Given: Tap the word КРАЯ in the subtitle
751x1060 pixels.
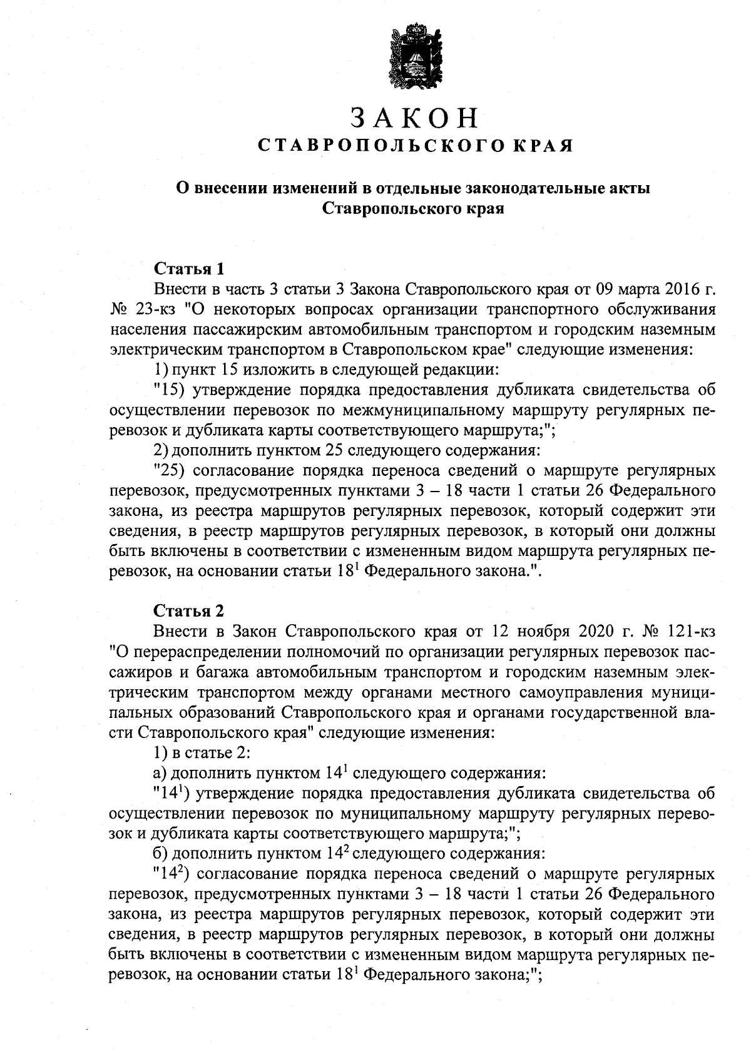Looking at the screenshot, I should [x=543, y=146].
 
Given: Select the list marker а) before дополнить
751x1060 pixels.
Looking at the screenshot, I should [x=160, y=774].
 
